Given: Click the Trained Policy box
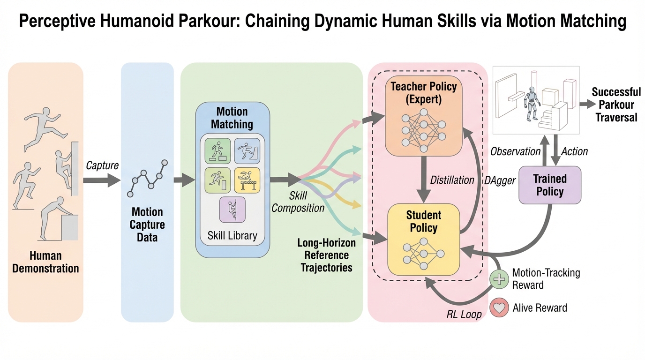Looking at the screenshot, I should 549,185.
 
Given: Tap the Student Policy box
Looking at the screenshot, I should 423,239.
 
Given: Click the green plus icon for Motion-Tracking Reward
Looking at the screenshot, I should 499,279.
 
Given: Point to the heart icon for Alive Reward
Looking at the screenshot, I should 499,308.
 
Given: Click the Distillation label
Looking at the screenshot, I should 452,180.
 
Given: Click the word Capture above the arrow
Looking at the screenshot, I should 102,165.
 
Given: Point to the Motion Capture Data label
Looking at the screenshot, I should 147,225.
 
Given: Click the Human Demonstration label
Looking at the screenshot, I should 45,262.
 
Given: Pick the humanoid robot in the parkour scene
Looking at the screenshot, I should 531,104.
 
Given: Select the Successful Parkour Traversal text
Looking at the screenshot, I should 616,105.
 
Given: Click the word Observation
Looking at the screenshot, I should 515,151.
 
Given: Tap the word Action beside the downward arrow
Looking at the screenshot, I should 574,151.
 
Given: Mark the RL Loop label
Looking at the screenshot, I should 464,314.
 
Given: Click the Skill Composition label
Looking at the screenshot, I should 298,202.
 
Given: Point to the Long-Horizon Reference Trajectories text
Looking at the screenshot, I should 326,255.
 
